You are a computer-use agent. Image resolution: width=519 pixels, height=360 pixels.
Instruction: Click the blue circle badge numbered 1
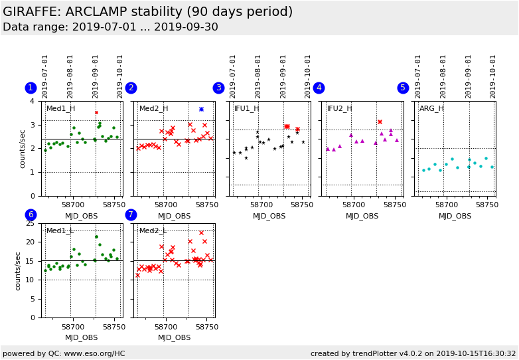[31, 88]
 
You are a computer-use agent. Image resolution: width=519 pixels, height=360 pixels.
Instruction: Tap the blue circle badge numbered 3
[218, 88]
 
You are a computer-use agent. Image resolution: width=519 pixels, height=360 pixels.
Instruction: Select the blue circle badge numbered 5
[403, 88]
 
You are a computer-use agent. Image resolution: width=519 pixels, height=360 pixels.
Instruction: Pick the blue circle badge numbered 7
[131, 215]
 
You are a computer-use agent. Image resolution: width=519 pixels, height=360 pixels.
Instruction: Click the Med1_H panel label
[60, 109]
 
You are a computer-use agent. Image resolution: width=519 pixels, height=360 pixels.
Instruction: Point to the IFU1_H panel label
[247, 109]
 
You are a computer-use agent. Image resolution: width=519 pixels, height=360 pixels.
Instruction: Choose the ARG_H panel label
[431, 109]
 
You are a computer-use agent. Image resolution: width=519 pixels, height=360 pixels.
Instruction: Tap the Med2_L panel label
[153, 231]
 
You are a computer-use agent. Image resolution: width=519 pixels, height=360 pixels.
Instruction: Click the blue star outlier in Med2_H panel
[201, 109]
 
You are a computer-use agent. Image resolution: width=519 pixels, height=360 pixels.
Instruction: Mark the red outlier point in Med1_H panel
[96, 112]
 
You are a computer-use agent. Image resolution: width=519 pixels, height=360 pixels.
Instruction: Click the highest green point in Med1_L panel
[96, 236]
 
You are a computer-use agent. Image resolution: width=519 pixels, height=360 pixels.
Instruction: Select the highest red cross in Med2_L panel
[201, 232]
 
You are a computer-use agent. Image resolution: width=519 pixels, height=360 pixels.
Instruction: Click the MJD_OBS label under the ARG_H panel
[455, 216]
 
